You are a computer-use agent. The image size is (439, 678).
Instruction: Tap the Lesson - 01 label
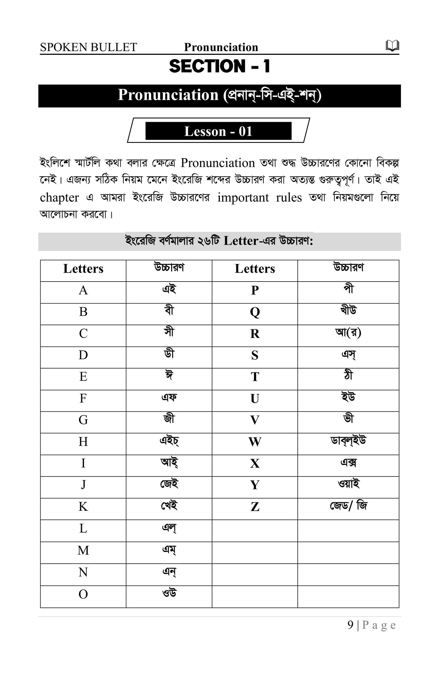click(x=218, y=131)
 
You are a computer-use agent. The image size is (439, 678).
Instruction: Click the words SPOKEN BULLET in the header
click(x=88, y=47)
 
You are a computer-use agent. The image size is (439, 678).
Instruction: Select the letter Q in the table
click(x=255, y=312)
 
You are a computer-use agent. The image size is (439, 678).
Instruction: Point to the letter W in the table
click(x=255, y=442)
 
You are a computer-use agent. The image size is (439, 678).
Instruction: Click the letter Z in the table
click(x=255, y=507)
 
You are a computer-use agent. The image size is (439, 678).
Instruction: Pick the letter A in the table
click(x=83, y=290)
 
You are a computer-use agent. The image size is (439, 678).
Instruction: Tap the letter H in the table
click(x=83, y=442)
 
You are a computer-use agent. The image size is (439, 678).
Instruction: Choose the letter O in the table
click(x=83, y=594)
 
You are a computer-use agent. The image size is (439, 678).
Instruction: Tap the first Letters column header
click(x=83, y=268)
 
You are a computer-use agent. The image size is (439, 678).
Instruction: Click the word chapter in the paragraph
click(x=59, y=197)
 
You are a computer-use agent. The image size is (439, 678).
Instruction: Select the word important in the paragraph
click(x=243, y=197)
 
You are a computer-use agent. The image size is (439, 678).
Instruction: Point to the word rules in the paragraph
click(x=288, y=197)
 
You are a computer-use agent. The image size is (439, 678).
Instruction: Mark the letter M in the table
click(x=83, y=551)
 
